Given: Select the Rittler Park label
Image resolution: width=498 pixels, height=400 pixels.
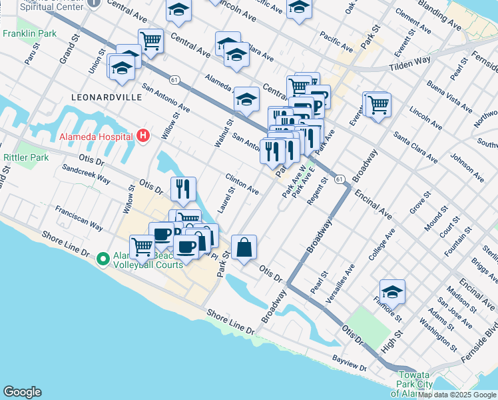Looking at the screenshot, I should point(26,157).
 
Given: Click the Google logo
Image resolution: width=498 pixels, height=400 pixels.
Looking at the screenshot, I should point(22,392).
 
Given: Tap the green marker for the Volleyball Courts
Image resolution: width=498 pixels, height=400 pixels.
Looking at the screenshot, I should point(103,258).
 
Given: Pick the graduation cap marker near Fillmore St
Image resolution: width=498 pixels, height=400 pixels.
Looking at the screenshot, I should point(392,291).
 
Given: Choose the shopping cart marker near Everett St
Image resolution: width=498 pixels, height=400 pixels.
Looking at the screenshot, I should point(378,104).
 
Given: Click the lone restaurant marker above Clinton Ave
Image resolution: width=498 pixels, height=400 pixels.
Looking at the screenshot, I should point(182,189).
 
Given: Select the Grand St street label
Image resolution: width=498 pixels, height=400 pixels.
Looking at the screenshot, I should point(68,49).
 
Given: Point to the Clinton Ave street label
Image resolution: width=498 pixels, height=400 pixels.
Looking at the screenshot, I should point(242,185).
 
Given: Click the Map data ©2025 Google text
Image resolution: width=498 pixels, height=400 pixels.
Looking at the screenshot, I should point(457,395).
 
